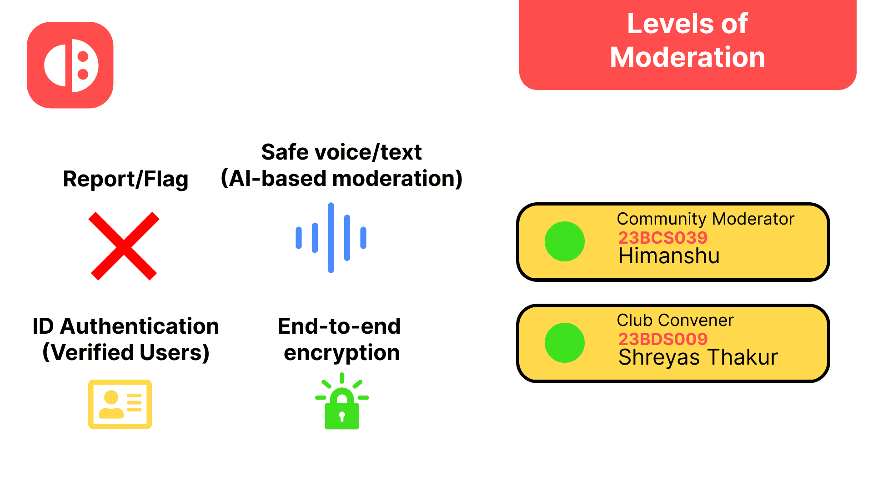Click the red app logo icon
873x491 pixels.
(x=70, y=65)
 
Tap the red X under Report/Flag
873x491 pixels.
(x=124, y=246)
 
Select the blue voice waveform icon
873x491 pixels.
(x=331, y=238)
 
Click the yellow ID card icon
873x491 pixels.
(x=120, y=404)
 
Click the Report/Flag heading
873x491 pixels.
(x=125, y=179)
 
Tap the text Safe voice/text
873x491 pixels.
(x=341, y=152)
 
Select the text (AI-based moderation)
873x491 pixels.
(x=341, y=178)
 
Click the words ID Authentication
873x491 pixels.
(x=125, y=326)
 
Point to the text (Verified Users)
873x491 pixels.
(x=125, y=352)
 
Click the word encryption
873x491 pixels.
(x=341, y=352)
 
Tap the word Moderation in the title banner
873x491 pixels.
(x=687, y=57)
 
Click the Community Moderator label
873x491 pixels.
(x=705, y=219)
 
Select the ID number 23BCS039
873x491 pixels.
(x=662, y=237)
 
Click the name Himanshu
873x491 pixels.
(x=669, y=256)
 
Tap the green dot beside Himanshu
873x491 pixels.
(x=565, y=241)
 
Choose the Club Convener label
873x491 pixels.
(x=675, y=320)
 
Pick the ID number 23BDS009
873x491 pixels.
(x=662, y=339)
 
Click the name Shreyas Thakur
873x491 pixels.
(x=698, y=357)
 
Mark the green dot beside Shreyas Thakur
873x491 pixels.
(x=565, y=343)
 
